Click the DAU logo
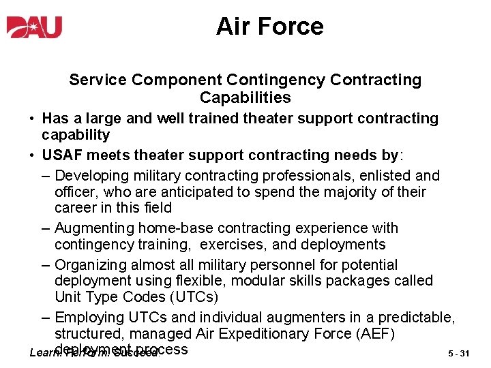pyautogui.click(x=35, y=27)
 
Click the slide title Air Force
pyautogui.click(x=269, y=27)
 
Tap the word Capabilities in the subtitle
pyautogui.click(x=245, y=97)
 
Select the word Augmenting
pyautogui.click(x=96, y=228)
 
